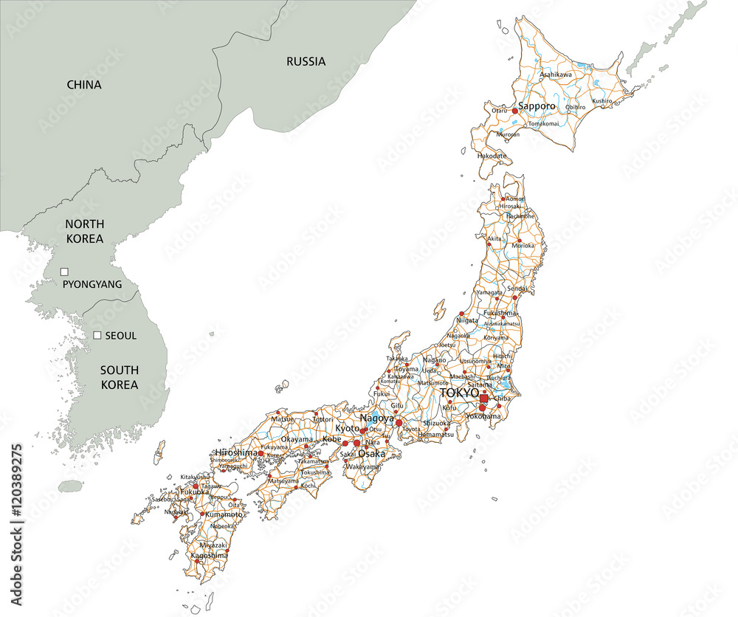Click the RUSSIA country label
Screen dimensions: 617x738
pyautogui.click(x=306, y=61)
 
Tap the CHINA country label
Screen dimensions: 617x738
pyautogui.click(x=84, y=85)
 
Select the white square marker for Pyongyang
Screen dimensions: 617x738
pyautogui.click(x=64, y=272)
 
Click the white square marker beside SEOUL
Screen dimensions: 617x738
pyautogui.click(x=97, y=335)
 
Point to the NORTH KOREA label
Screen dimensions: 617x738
pyautogui.click(x=84, y=231)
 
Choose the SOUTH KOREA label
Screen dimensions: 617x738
pyautogui.click(x=120, y=377)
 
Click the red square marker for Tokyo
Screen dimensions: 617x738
pyautogui.click(x=483, y=399)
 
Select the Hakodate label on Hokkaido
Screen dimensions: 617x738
pyautogui.click(x=492, y=156)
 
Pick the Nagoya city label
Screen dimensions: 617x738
pyautogui.click(x=376, y=418)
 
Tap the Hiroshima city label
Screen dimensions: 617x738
pyautogui.click(x=236, y=452)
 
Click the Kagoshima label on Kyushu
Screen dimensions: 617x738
pyautogui.click(x=207, y=555)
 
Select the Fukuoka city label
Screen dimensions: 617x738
pyautogui.click(x=194, y=492)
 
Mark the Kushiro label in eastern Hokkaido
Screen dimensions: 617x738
pyautogui.click(x=601, y=100)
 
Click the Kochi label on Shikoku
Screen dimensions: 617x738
pyautogui.click(x=308, y=486)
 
